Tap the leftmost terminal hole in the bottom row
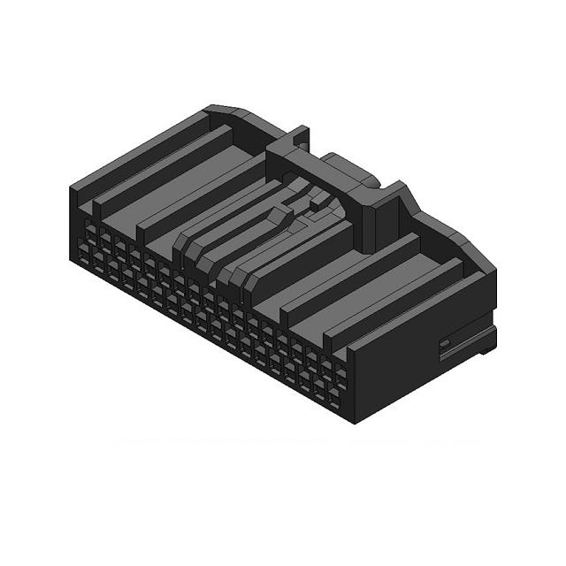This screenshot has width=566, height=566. [84, 256]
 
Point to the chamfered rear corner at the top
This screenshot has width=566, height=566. [232, 112]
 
